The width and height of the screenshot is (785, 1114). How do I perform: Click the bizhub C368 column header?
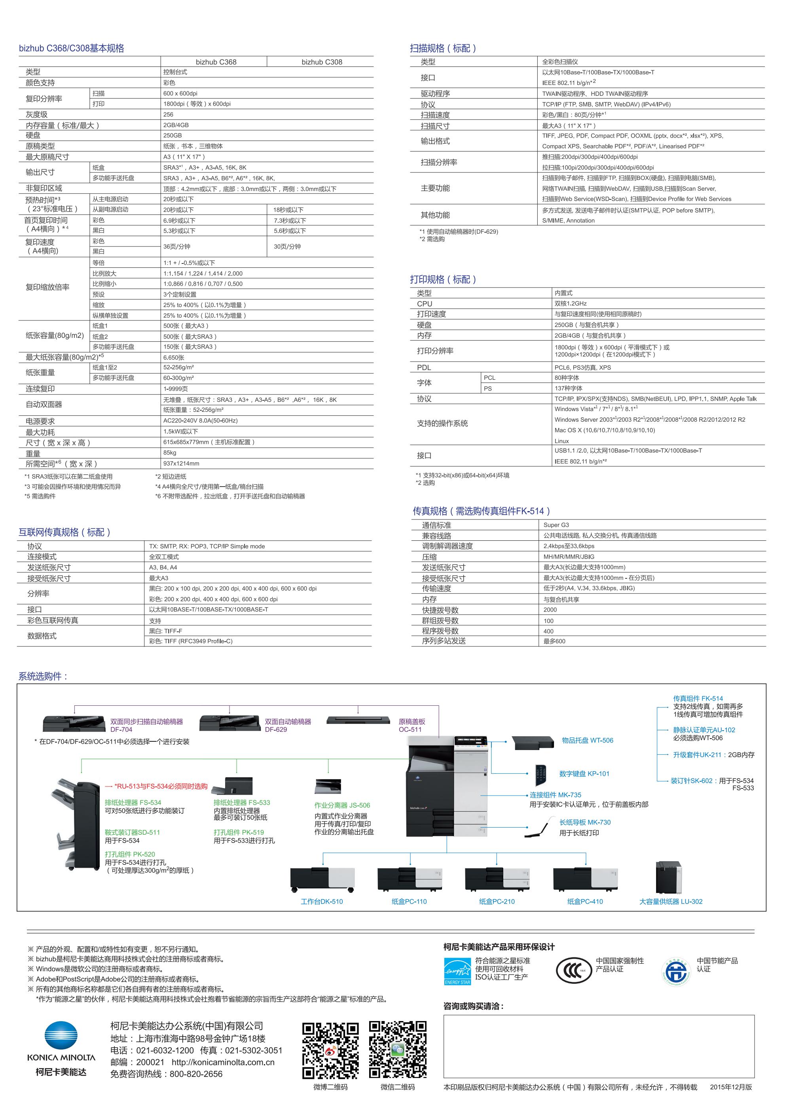coord(216,62)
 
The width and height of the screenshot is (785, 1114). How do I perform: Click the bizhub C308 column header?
coord(322,62)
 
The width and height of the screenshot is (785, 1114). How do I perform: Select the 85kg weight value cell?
coord(170,453)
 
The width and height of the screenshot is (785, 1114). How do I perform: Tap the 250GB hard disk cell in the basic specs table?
coord(173,135)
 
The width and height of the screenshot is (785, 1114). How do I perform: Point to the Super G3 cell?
coord(556,525)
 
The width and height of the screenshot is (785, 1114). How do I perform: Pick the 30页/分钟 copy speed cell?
coord(287,246)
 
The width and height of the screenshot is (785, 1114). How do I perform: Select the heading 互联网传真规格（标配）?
coord(64,532)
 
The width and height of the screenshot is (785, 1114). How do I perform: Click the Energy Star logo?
coord(457,971)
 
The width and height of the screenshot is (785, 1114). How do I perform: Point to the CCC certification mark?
coord(574,971)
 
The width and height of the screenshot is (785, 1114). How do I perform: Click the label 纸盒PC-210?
coord(497,902)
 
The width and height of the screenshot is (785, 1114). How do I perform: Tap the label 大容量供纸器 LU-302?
coord(671,902)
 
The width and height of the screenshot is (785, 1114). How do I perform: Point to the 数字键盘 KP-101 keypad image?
coord(541,775)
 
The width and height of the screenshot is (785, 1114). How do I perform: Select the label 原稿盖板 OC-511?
coord(412,726)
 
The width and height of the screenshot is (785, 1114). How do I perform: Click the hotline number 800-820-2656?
coord(196,1074)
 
